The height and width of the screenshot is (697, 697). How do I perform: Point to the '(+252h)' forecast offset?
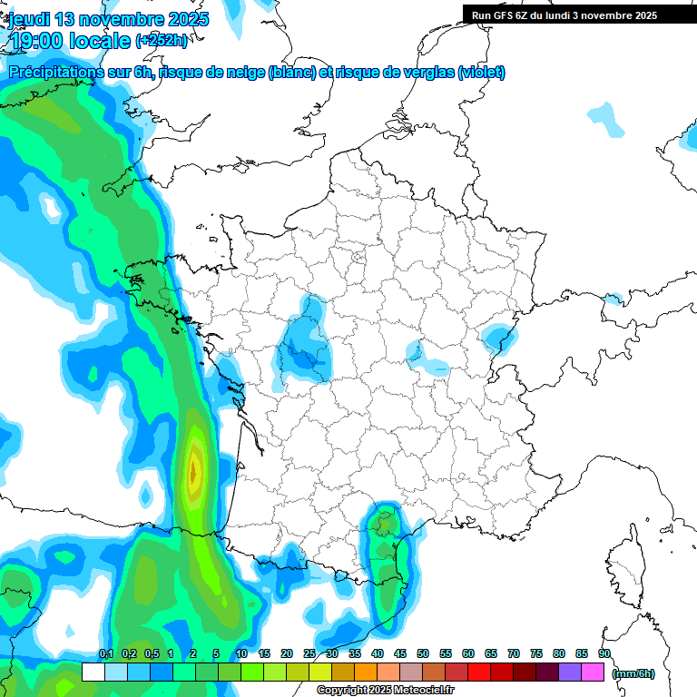pos(162,40)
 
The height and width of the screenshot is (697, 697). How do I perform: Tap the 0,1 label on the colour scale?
pos(105,654)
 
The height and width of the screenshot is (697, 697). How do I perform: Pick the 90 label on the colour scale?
pos(604,654)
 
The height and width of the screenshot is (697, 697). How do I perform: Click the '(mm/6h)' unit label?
pos(633,673)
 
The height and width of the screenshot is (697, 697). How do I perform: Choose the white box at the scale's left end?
pos(93,672)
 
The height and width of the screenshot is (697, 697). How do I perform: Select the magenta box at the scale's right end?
pos(593,672)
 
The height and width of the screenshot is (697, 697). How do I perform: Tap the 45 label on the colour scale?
pos(400,654)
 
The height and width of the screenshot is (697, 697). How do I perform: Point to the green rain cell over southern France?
pos(387,526)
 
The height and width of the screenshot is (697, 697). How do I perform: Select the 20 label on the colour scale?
pos(287,654)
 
